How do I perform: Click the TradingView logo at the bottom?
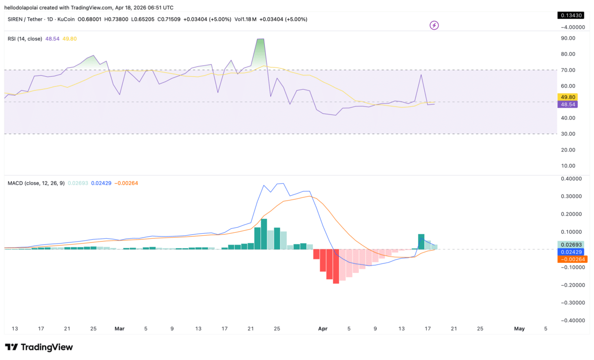[x=39, y=347]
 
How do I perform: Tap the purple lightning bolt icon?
[x=434, y=25]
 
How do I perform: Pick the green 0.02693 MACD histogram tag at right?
[x=573, y=245]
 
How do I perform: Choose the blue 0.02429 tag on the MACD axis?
[x=573, y=252]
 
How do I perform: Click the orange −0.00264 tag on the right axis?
[x=573, y=259]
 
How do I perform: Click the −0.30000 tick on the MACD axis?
[x=571, y=303]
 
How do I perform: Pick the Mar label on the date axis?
[x=119, y=328]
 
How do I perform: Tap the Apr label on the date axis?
[x=323, y=328]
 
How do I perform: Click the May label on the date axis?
[x=519, y=328]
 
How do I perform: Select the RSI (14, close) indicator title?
[x=24, y=39]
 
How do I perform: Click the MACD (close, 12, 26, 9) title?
[x=36, y=183]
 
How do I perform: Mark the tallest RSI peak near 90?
[x=260, y=39]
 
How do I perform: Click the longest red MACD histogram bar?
[x=336, y=266]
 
